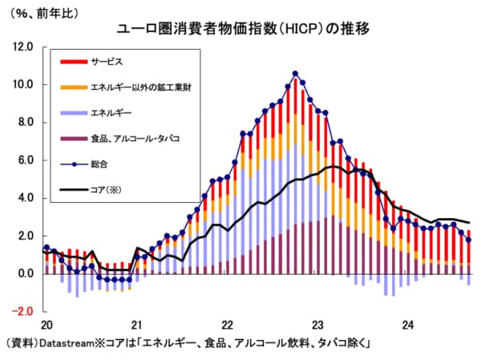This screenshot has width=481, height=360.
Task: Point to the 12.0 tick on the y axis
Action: coord(22,47)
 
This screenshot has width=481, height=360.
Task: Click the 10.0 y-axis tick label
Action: coord(22,85)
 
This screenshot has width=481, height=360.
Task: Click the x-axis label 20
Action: coord(46,325)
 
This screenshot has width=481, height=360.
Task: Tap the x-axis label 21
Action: coord(136,325)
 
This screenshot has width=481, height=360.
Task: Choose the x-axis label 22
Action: coord(227,325)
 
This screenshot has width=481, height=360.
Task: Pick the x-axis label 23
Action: coord(317,325)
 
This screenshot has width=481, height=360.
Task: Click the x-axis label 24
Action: coord(408,325)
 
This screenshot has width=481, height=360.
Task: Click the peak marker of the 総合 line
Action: coord(295,74)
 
